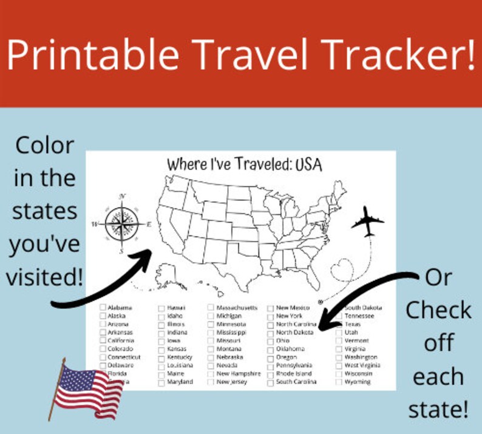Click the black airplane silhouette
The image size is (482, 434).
tap(367, 223)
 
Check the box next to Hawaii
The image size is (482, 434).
tap(162, 308)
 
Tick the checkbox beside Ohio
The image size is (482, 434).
tap(271, 341)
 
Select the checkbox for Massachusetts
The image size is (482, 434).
tap(211, 308)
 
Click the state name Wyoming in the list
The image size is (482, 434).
tap(358, 382)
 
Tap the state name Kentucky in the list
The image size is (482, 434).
tap(179, 358)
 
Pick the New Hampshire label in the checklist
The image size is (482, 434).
tap(239, 374)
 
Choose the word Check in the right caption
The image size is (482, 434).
tap(438, 310)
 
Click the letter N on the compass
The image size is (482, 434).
tap(123, 196)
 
